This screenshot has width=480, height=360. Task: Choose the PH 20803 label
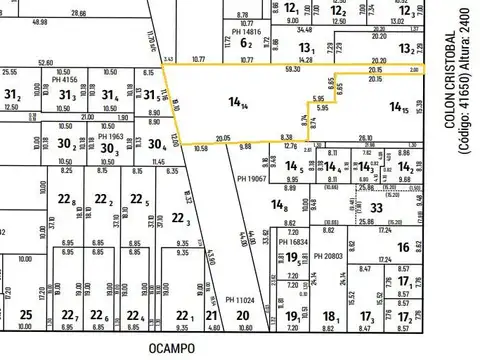[x=328, y=257]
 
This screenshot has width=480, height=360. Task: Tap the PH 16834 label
[x=294, y=242]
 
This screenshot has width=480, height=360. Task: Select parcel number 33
[x=377, y=208]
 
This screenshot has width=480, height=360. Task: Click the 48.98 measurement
[x=40, y=20]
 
